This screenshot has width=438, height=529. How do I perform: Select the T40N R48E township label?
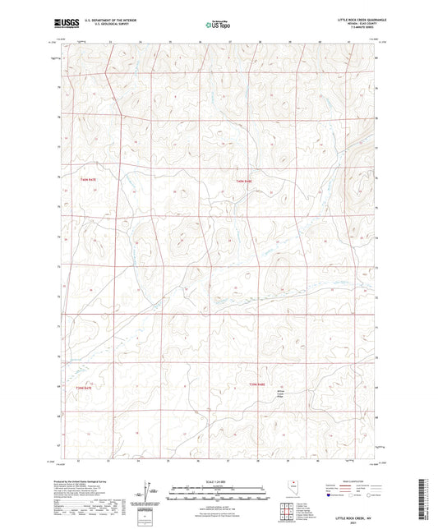click(x=243, y=181)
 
